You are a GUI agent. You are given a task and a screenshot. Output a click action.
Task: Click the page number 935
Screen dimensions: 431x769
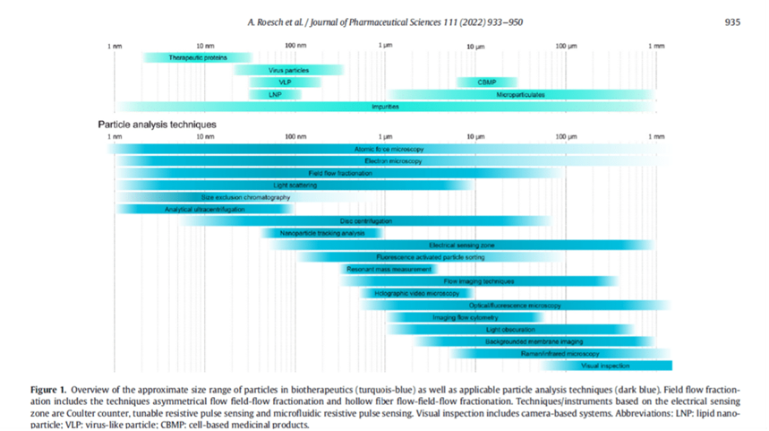[731, 22]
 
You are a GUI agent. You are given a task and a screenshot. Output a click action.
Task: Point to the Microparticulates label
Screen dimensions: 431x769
[520, 94]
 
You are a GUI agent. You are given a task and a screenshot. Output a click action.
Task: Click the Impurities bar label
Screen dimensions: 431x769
[385, 107]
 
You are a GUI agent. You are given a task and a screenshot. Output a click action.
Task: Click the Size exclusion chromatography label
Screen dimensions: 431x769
[245, 196]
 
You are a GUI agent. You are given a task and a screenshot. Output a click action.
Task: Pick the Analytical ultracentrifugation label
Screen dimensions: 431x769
[204, 209]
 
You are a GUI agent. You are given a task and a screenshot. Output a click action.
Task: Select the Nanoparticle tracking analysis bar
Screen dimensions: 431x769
[322, 233]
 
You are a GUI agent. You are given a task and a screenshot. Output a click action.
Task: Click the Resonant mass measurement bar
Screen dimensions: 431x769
[389, 269]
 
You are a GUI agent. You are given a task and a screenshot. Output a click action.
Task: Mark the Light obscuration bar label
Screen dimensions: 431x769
[512, 330]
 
